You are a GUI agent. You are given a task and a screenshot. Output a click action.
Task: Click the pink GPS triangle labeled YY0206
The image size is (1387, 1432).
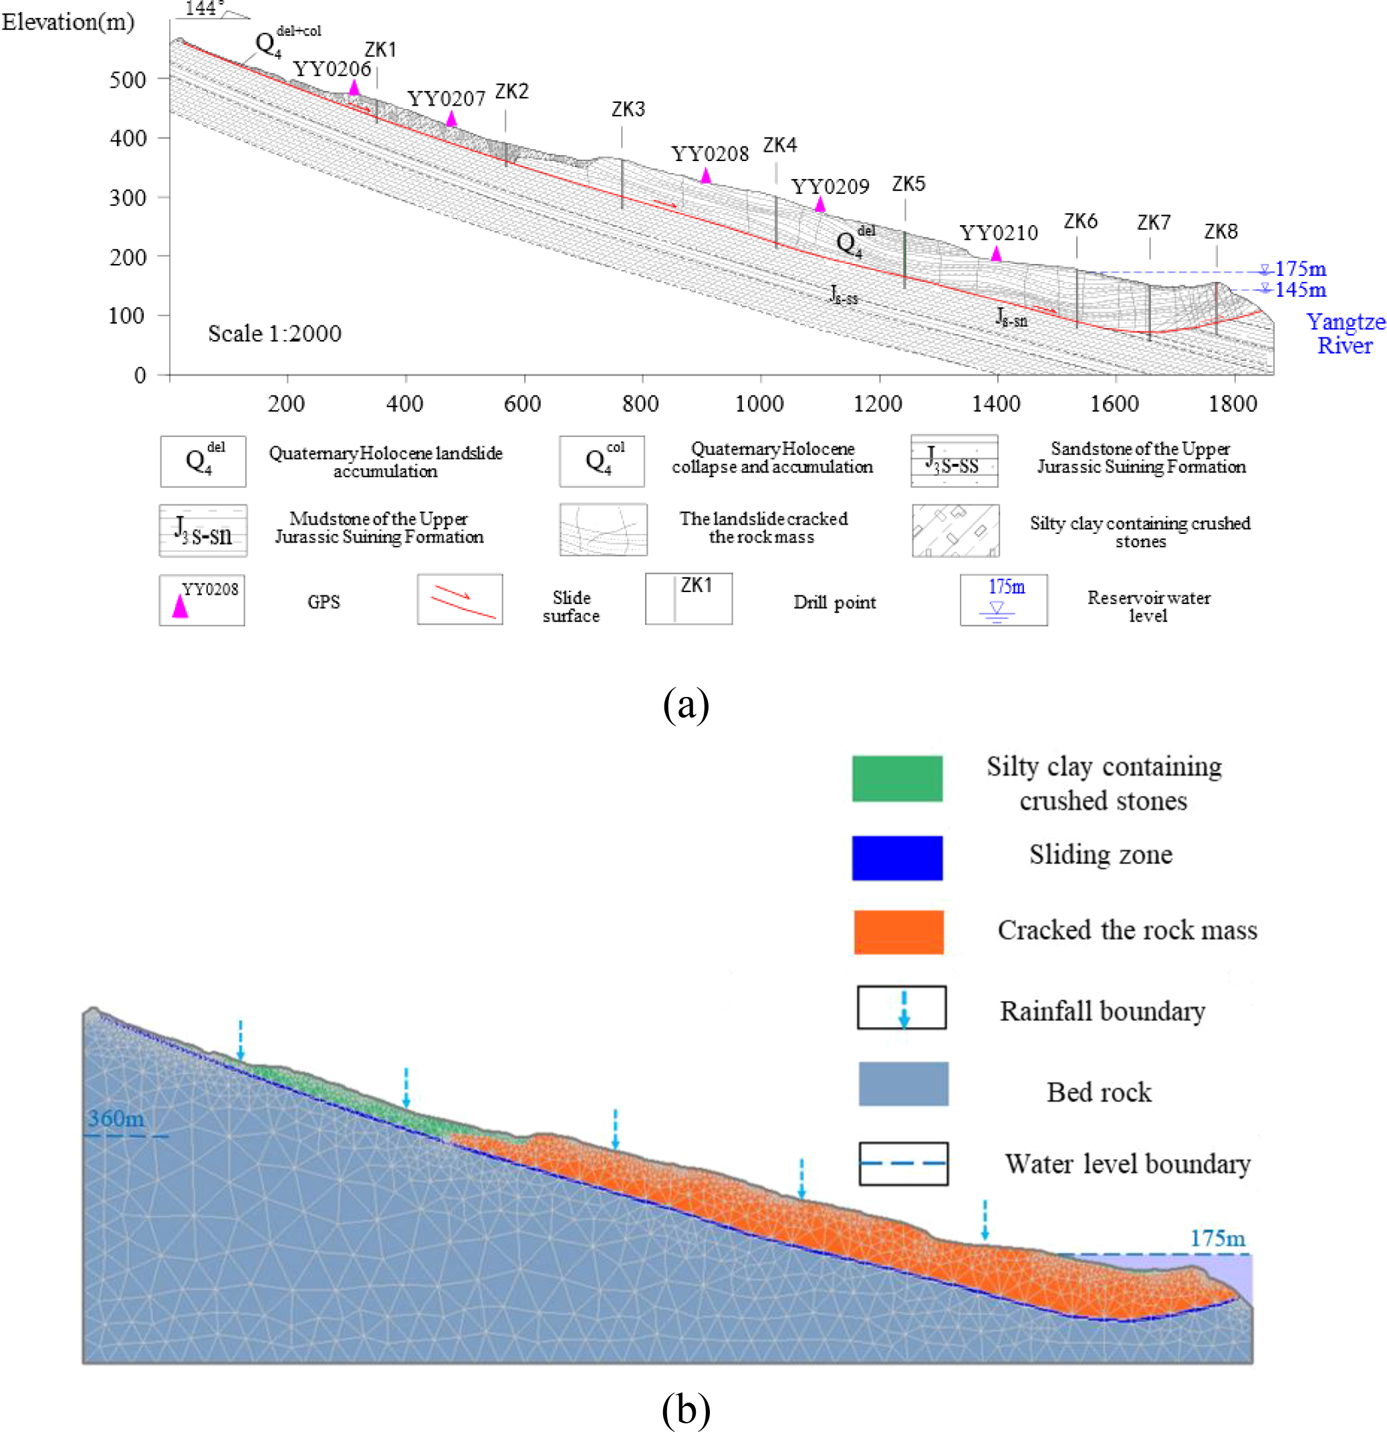[x=354, y=87]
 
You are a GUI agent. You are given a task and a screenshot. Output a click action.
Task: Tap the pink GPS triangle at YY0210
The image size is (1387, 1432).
[x=996, y=253]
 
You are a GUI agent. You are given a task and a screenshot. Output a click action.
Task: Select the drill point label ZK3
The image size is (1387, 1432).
[x=628, y=110]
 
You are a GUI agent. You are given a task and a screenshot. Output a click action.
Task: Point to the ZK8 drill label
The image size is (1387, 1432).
[x=1221, y=232]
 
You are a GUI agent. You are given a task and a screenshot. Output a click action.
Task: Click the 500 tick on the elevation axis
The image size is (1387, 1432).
[x=128, y=79]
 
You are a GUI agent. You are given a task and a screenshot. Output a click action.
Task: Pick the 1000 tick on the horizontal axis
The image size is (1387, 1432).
[x=759, y=404]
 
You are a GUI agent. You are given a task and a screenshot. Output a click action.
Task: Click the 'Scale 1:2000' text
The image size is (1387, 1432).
[x=274, y=334]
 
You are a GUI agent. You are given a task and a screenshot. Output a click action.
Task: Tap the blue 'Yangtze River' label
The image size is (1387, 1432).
[x=1345, y=333]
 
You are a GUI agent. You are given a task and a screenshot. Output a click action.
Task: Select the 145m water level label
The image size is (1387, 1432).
[x=1300, y=289]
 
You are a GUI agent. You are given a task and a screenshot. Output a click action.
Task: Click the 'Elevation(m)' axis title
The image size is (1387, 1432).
[x=68, y=22]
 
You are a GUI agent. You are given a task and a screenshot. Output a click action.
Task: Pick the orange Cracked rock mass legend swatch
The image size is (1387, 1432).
[x=898, y=932]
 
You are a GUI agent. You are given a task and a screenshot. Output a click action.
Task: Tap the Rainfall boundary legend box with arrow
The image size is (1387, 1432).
[x=901, y=1008]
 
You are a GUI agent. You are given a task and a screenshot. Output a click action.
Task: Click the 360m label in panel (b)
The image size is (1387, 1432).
[x=116, y=1119]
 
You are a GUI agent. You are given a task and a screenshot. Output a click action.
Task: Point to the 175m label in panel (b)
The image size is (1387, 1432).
[x=1217, y=1238]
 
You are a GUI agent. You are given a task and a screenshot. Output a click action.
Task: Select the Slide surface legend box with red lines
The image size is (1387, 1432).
[x=460, y=599]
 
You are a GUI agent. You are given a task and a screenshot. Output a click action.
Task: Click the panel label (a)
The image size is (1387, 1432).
[x=685, y=705]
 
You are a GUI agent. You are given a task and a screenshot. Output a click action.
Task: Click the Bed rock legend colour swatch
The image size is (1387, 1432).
[x=903, y=1085]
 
